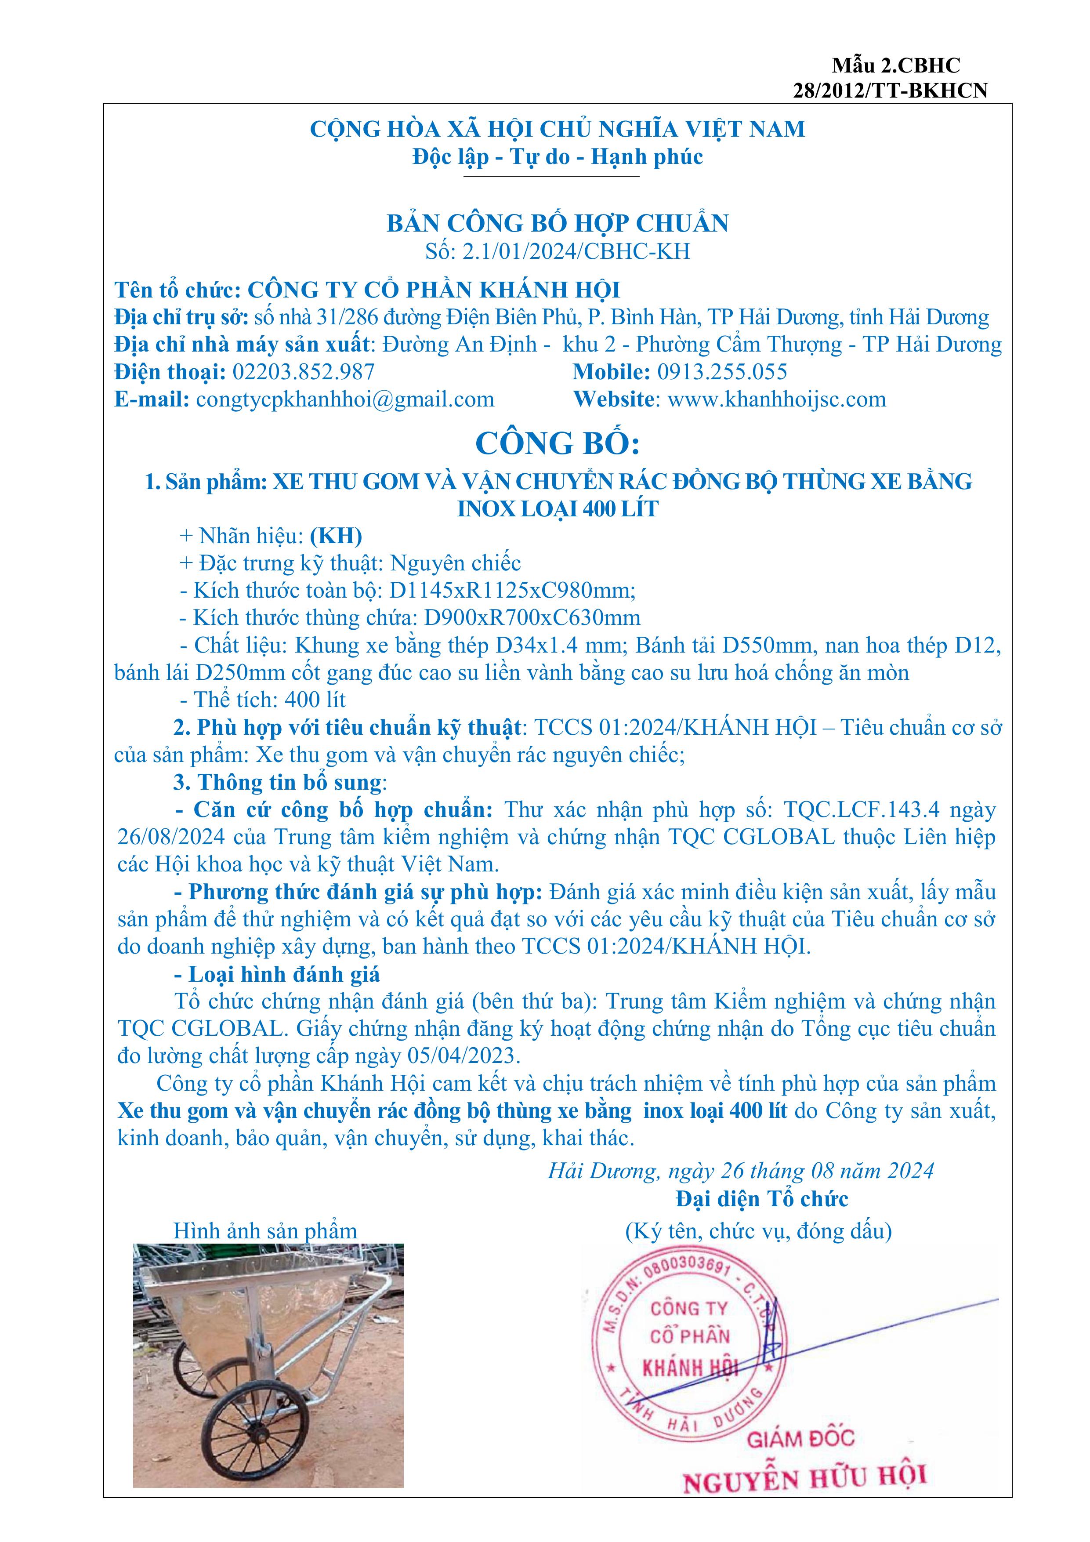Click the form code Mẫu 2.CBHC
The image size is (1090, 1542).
896,66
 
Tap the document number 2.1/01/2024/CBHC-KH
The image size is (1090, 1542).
576,251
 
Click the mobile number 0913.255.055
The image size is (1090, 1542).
722,372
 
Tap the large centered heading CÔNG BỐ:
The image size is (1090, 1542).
558,443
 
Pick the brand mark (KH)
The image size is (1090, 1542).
336,536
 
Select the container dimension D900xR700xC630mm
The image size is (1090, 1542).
531,618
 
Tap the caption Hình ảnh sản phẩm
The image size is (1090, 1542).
265,1231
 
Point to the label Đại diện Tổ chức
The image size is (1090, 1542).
761,1199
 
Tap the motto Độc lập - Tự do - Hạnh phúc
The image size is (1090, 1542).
558,157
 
